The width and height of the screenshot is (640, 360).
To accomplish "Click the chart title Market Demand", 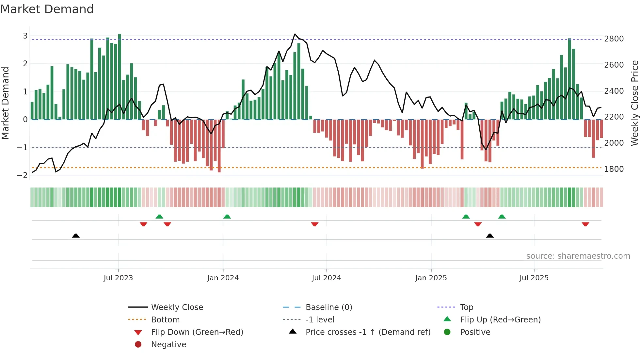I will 47,9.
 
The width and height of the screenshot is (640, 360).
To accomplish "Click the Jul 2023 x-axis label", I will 118,278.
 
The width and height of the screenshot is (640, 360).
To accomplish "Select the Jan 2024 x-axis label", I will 223,278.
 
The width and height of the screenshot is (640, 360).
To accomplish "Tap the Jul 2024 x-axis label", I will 327,278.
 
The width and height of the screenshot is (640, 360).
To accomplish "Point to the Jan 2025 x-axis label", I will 431,278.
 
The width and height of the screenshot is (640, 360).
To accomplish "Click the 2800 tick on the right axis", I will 614,39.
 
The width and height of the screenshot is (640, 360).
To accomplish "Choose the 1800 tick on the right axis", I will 614,169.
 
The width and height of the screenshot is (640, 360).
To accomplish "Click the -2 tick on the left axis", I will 23,175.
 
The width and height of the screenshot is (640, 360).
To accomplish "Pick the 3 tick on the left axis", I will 25,36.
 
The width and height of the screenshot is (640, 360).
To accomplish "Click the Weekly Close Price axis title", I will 634,103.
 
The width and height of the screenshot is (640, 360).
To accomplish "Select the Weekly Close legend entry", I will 177,307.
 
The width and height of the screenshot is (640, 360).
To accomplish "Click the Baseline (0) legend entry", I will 329,307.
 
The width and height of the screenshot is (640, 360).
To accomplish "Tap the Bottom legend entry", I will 165,320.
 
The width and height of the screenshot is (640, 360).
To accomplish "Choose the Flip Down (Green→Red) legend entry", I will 197,332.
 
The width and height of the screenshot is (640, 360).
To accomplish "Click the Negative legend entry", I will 168,345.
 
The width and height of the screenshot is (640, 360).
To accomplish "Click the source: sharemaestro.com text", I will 578,256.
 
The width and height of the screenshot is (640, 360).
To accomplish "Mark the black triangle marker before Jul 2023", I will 76,236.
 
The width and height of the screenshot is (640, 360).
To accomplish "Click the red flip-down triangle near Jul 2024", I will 315,224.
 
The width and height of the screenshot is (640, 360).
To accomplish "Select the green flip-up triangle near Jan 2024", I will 227,217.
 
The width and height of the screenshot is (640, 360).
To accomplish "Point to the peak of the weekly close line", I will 295,34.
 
